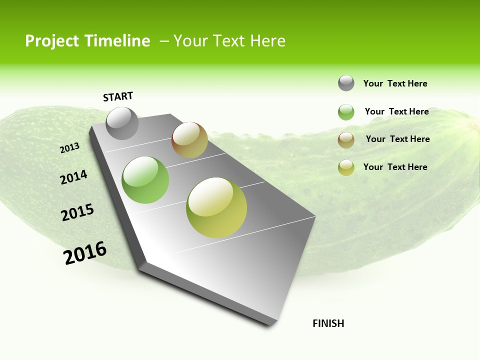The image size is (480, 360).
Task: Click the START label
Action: pyautogui.click(x=118, y=96)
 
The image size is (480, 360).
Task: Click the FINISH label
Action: pyautogui.click(x=328, y=323)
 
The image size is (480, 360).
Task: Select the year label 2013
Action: pyautogui.click(x=69, y=148)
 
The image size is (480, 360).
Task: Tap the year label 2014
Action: pyautogui.click(x=73, y=177)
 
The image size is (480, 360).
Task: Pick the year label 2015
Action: pyautogui.click(x=77, y=212)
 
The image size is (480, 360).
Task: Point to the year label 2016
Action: pyautogui.click(x=85, y=252)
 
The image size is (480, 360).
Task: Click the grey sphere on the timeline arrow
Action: pyautogui.click(x=122, y=123)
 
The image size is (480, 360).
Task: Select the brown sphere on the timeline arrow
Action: pyautogui.click(x=189, y=140)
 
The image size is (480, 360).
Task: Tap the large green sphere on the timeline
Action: pyautogui.click(x=145, y=180)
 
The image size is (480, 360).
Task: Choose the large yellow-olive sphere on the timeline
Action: pyautogui.click(x=216, y=207)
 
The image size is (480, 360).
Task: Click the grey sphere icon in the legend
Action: pyautogui.click(x=346, y=83)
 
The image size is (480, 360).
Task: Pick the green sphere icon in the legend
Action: pyautogui.click(x=346, y=112)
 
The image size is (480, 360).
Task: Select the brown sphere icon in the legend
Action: pyautogui.click(x=346, y=140)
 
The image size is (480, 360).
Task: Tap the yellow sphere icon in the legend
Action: pyautogui.click(x=346, y=167)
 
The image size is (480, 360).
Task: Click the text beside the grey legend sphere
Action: pyautogui.click(x=395, y=84)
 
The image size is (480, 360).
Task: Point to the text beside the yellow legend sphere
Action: pyautogui.click(x=395, y=167)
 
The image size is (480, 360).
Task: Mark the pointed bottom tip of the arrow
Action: pyautogui.click(x=270, y=325)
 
